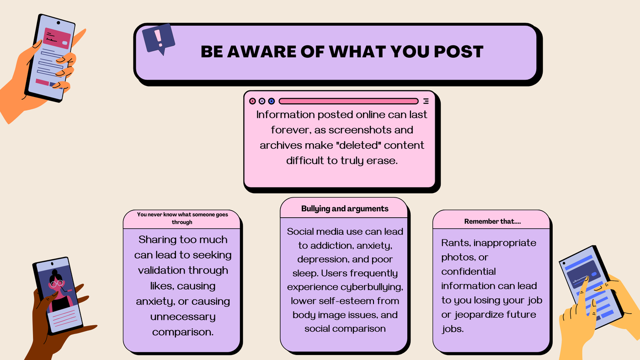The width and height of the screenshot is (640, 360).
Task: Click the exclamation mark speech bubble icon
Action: tap(158, 38)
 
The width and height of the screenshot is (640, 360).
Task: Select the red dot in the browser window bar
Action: tap(252, 101)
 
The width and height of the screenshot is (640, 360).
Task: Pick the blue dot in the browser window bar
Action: tap(272, 101)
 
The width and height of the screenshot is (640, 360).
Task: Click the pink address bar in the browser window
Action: tap(348, 101)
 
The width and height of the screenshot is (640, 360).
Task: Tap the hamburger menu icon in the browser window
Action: tap(426, 101)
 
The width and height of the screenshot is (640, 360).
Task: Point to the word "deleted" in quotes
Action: tap(326, 145)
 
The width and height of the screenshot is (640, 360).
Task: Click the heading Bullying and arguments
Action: tap(345, 209)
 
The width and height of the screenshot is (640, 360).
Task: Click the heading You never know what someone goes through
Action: tap(182, 218)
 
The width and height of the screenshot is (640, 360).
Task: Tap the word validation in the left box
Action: tap(183, 270)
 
